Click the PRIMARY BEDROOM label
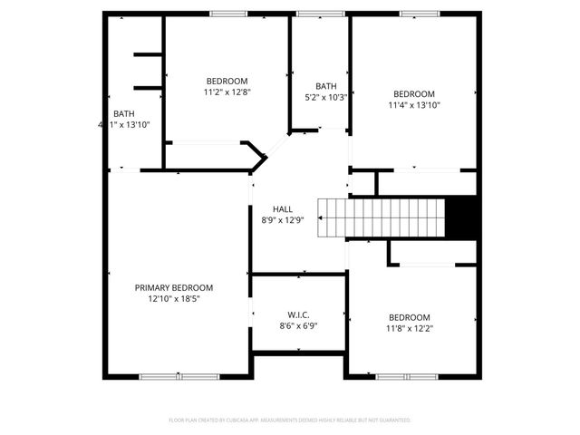[x=180, y=287]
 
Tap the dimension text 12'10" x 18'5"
[x=180, y=298]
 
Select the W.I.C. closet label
[x=298, y=314]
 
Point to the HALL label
[x=270, y=208]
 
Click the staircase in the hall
[x=382, y=217]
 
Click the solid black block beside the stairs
[x=463, y=217]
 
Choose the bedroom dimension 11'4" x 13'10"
[x=413, y=104]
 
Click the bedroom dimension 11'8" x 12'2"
[x=411, y=328]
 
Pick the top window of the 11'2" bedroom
[x=227, y=14]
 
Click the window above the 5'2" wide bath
[x=314, y=14]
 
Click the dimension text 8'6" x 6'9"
[x=298, y=325]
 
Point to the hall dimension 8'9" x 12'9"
[x=270, y=219]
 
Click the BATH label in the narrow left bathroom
[x=123, y=113]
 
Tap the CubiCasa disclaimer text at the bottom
[x=290, y=420]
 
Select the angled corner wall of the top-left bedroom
[x=257, y=155]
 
